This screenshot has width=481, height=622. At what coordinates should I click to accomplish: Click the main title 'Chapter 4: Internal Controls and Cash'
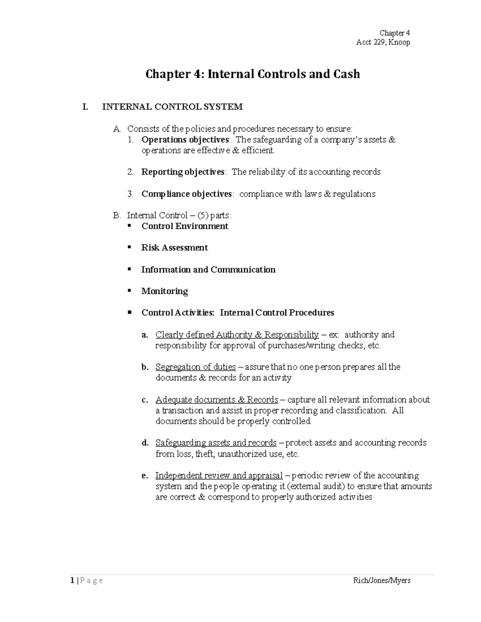click(x=253, y=74)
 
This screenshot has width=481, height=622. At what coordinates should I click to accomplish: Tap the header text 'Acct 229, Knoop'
click(x=383, y=42)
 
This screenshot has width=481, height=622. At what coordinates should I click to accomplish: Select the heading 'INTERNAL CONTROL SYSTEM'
click(x=172, y=107)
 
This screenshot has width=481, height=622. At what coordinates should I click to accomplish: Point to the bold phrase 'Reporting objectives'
click(x=183, y=172)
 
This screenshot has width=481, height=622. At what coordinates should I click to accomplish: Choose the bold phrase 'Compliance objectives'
click(x=186, y=194)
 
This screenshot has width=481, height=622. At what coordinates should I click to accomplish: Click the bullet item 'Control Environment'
click(x=185, y=226)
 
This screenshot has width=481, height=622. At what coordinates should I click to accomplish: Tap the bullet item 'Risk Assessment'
click(x=174, y=248)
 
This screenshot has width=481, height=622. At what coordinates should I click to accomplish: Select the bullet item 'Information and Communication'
click(x=208, y=270)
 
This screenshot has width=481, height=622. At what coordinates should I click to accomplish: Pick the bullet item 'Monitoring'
click(x=164, y=291)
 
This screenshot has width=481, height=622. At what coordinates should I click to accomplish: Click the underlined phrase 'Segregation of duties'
click(x=196, y=367)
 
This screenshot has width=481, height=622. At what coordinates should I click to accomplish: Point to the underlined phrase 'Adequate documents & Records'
click(x=216, y=400)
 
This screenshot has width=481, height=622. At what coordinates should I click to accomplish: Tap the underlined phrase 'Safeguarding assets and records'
click(x=216, y=443)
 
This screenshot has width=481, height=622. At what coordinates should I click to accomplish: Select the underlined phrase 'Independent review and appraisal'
click(x=219, y=476)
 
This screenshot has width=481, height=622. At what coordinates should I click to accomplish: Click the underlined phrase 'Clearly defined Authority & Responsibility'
click(x=237, y=335)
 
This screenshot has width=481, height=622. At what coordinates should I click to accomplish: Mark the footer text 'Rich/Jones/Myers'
click(x=382, y=580)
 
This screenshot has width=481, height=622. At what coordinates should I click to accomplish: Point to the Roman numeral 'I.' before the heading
click(x=85, y=107)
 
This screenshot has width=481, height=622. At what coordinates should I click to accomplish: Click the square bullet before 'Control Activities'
click(x=129, y=312)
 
